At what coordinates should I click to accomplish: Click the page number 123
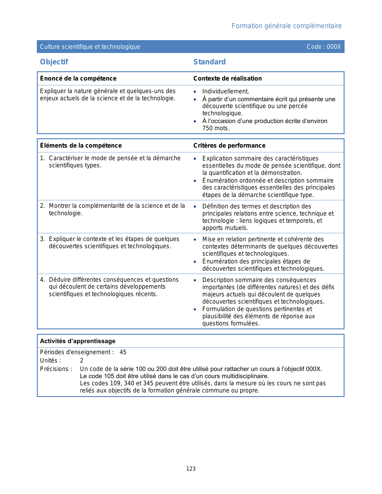tap(191, 469)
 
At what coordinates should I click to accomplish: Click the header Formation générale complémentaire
tap(286, 26)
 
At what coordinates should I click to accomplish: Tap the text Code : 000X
tap(324, 47)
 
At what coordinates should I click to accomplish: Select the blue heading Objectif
tap(54, 62)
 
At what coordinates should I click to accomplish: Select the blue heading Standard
tap(209, 62)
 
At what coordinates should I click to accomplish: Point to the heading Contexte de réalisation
tap(227, 78)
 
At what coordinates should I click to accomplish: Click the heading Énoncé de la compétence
tap(78, 78)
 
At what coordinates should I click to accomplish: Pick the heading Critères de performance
tap(229, 146)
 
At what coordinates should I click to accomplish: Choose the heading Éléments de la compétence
tap(81, 146)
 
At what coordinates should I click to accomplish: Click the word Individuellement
tap(225, 91)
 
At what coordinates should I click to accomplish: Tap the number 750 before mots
tap(208, 128)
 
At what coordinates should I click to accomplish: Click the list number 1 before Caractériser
tap(42, 158)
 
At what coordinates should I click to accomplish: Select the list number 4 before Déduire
tap(42, 280)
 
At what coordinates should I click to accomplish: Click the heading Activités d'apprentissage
tap(78, 341)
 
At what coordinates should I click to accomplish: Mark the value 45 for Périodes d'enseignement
tap(123, 352)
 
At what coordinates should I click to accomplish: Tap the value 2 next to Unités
tap(81, 360)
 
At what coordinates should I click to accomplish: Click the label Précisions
tap(56, 369)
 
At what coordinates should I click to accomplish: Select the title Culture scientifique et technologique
tap(90, 47)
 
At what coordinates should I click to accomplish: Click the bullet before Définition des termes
tap(195, 207)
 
